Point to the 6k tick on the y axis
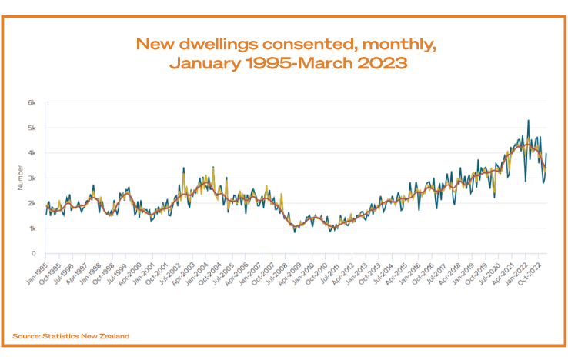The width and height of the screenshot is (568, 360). pos(32,102)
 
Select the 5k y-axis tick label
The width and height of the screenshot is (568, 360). pos(32,128)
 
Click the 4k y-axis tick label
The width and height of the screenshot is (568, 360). pos(32,152)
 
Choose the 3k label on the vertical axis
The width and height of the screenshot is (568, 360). pos(32,178)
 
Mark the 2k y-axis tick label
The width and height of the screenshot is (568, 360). pos(32,203)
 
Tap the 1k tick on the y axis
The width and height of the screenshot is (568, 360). pos(32,228)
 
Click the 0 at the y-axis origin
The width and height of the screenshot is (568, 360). pos(34,253)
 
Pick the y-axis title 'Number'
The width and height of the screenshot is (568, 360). pos(21,178)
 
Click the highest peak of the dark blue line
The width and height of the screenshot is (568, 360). pos(528,120)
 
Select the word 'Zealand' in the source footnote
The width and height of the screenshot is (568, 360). pos(113,336)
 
